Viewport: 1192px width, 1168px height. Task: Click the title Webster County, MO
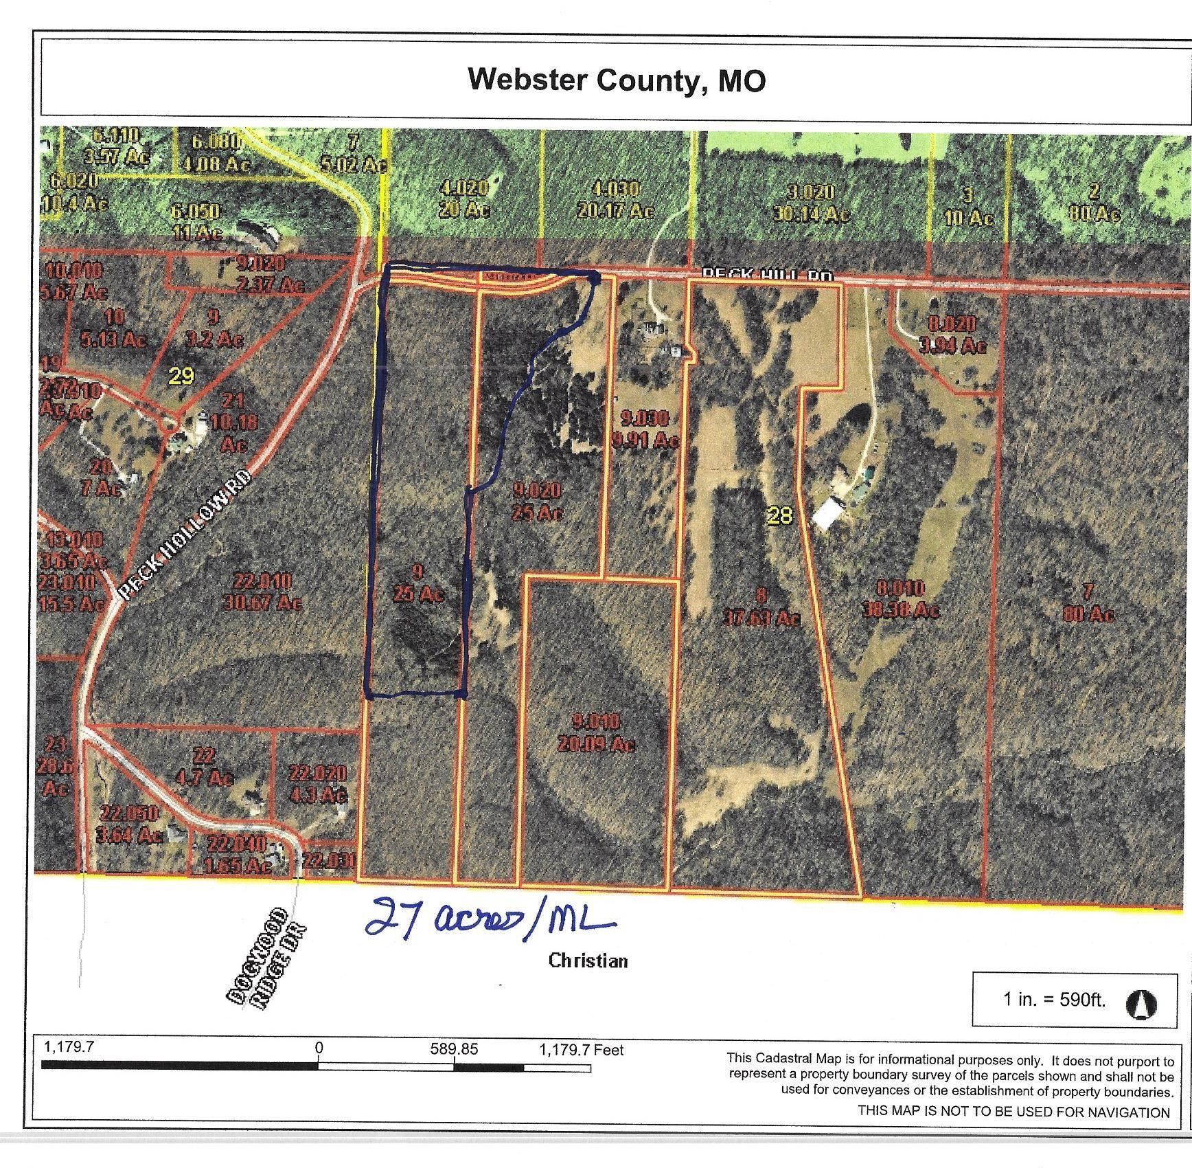point(616,80)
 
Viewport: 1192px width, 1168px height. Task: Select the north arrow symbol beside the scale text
point(1141,1005)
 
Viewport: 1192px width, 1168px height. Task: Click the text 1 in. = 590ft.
point(1055,1000)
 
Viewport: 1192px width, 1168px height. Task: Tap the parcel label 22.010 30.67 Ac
point(262,592)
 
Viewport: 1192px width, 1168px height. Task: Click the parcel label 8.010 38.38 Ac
point(907,599)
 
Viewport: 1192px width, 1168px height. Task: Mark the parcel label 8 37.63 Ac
point(761,607)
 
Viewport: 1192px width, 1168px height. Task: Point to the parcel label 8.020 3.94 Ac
point(952,335)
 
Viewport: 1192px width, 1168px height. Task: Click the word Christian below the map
point(588,961)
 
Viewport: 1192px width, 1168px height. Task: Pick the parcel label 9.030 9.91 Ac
point(645,428)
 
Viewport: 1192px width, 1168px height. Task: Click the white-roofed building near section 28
point(829,513)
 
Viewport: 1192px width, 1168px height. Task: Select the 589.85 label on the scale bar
point(454,1050)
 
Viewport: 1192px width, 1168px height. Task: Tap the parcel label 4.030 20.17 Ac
point(616,200)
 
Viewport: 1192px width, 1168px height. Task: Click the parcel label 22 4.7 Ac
point(205,767)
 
